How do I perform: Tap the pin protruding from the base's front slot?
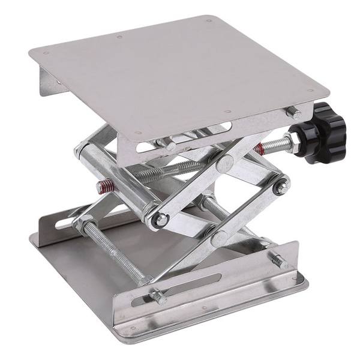tap(157, 296)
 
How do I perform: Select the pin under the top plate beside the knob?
tap(293, 112)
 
